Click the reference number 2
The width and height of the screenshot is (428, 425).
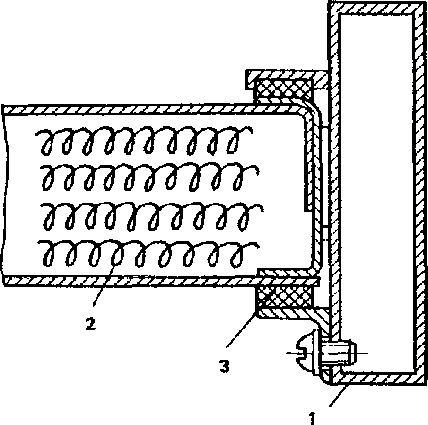point(90,324)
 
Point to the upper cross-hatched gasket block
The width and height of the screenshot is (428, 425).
point(282,90)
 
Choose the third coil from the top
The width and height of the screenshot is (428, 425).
point(147,215)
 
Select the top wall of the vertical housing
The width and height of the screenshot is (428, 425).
point(374,9)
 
